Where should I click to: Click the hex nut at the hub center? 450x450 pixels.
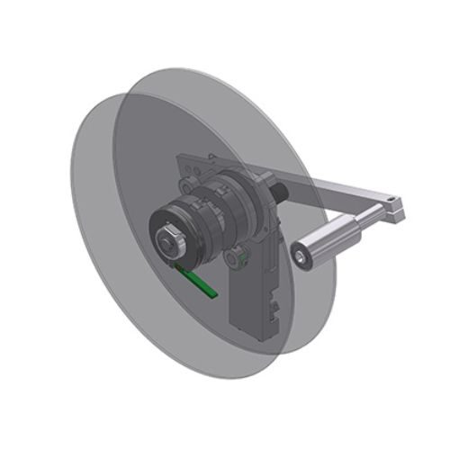pos(167,239)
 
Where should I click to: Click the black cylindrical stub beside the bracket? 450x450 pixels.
pos(279,192)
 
